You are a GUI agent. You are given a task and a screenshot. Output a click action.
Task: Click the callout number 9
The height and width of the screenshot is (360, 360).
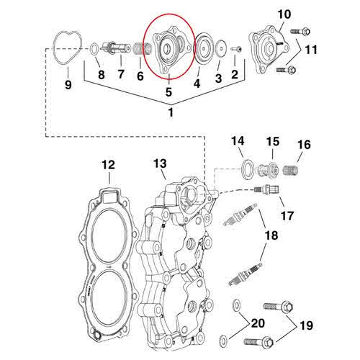(x=68, y=85)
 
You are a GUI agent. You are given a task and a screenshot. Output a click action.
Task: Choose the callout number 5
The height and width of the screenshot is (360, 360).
(x=169, y=91)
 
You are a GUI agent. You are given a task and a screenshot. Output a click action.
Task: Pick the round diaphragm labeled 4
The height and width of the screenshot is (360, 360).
(x=201, y=48)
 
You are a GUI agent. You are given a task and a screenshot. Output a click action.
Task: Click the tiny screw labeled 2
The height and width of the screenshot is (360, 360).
(x=235, y=49)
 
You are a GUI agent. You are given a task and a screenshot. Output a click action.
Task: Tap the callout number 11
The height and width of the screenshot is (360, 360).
(x=310, y=49)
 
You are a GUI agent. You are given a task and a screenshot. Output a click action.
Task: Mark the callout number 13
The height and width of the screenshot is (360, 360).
(x=160, y=165)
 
